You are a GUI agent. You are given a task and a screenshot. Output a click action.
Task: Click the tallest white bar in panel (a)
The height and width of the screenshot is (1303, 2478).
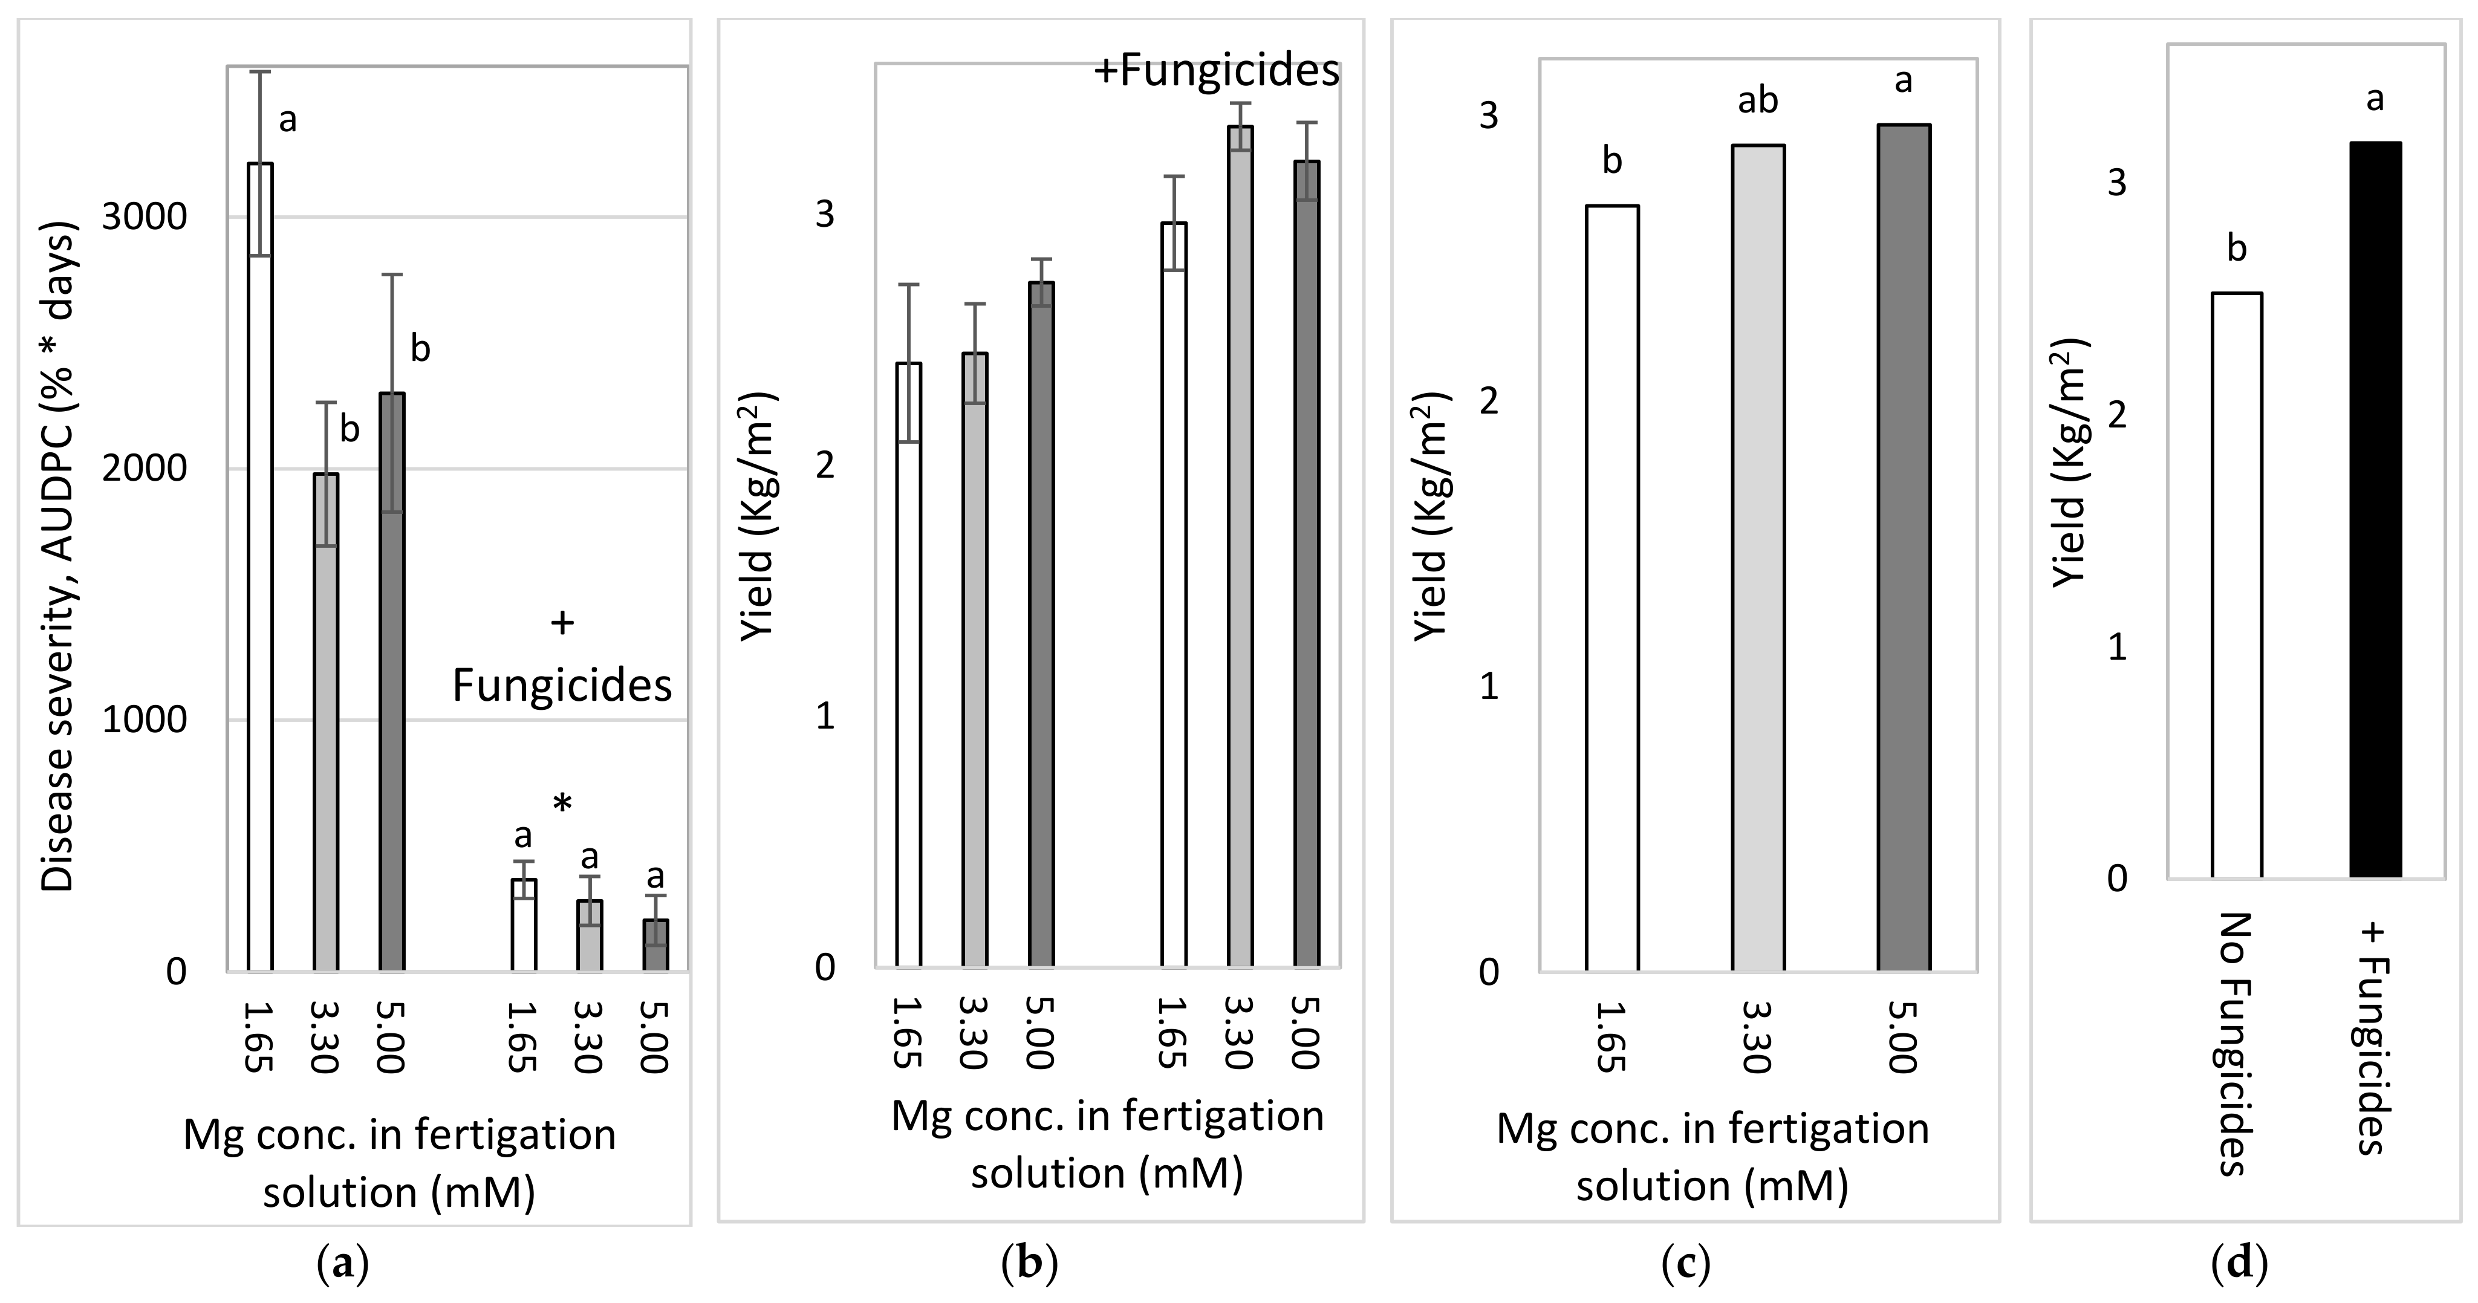tap(261, 567)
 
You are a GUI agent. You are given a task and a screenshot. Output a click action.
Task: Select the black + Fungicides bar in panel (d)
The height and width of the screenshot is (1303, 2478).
tap(2375, 510)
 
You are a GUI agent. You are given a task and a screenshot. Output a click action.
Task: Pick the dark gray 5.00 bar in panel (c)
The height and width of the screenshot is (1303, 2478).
tap(1904, 548)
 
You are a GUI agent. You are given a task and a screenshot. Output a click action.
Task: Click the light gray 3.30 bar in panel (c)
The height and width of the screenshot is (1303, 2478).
tap(1758, 557)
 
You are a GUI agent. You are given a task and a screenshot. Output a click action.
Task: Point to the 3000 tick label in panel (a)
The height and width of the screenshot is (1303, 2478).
tap(145, 217)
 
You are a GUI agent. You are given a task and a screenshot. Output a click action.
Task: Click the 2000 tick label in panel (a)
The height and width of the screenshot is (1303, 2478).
tap(145, 469)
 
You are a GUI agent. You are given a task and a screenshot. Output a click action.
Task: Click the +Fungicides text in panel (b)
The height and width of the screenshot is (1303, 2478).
tap(1217, 72)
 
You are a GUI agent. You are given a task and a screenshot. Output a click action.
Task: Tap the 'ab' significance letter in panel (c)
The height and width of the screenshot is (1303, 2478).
tap(1757, 101)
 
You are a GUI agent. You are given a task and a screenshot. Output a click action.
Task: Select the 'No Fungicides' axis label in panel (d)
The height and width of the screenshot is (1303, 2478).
tap(2237, 1044)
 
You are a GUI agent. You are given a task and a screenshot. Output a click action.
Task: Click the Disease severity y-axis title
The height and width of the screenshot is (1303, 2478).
tap(60, 557)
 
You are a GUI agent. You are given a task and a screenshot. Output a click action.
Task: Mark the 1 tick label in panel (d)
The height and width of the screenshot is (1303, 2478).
tap(2117, 647)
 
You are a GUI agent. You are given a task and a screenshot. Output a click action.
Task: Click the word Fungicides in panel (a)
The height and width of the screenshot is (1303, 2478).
tap(562, 686)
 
